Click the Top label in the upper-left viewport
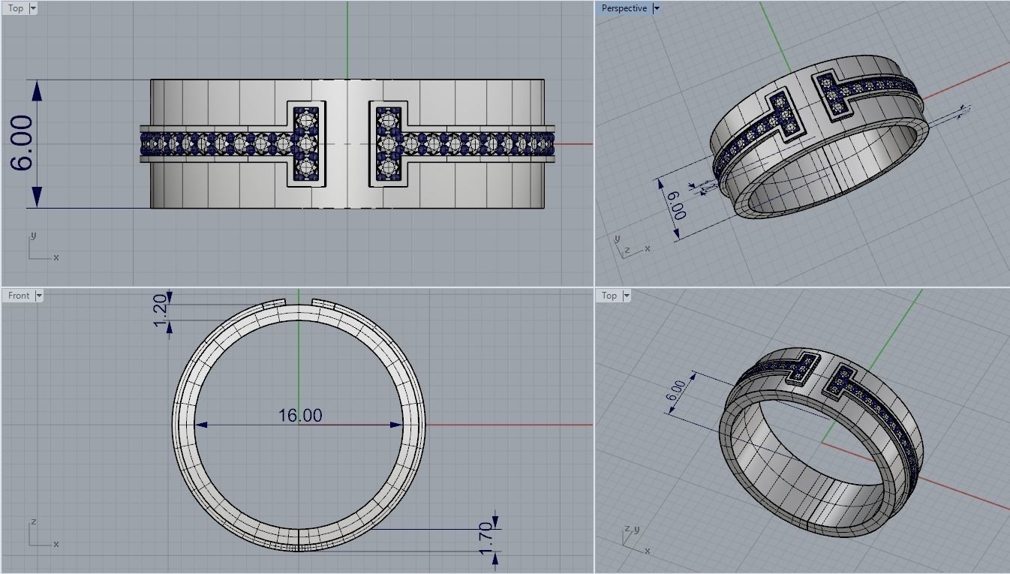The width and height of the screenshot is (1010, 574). pos(15,8)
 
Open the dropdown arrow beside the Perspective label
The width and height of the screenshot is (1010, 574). pos(657,8)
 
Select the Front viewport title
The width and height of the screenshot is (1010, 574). pos(19,296)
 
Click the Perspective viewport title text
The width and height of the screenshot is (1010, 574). pos(624,8)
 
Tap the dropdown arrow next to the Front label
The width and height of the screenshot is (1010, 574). pos(39,296)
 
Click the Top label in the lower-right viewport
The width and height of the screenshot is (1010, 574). pos(609,296)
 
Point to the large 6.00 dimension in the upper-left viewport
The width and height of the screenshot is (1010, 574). pos(23,143)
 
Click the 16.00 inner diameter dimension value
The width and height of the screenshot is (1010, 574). pos(299,415)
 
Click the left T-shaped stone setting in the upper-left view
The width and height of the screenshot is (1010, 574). pos(305,143)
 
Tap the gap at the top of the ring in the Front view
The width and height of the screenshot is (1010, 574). pos(299,302)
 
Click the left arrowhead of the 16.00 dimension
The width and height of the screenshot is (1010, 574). pos(201,425)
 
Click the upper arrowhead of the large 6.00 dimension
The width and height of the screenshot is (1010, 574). pos(37,89)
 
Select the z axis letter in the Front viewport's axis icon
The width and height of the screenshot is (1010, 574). pos(34,522)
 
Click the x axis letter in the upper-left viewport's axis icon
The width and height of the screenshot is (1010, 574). pos(56,257)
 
